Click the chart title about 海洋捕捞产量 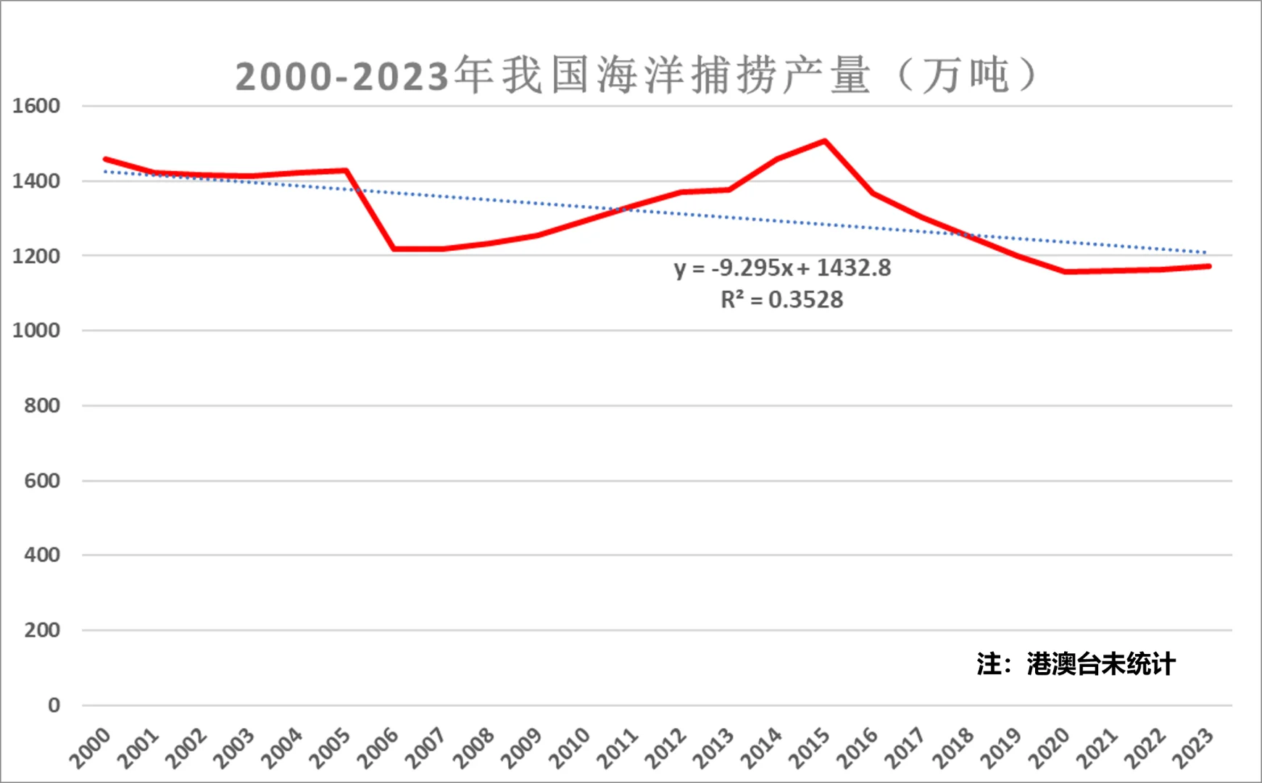pos(636,75)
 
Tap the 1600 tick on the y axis pos(36,106)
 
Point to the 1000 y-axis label pos(36,331)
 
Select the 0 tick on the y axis pos(54,705)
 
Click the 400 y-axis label pos(42,555)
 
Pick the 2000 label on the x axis pos(90,747)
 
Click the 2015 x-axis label pos(810,747)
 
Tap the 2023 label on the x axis pos(1193,747)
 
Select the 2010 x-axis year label pos(570,747)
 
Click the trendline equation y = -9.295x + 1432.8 pos(782,268)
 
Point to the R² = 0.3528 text pos(781,300)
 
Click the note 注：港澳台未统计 pos(1076,663)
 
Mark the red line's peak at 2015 pos(825,141)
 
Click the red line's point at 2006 pos(394,249)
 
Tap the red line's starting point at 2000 pos(106,159)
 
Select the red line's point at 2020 pos(1065,272)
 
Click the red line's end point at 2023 pos(1208,266)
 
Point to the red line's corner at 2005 pos(346,170)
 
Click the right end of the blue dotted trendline pos(1206,253)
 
